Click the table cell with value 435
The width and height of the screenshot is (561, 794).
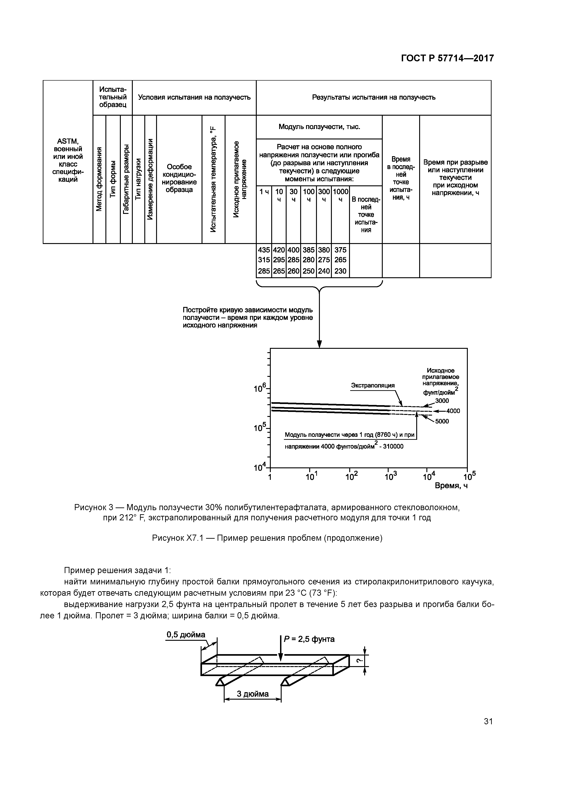click(264, 250)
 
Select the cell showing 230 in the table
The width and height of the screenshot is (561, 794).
click(340, 271)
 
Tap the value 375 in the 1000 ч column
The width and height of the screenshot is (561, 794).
click(340, 250)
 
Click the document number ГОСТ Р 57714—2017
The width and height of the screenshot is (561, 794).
click(447, 58)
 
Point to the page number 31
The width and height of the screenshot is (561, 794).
click(488, 721)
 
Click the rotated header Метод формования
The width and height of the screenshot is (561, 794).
click(99, 179)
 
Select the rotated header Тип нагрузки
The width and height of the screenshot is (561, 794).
click(138, 179)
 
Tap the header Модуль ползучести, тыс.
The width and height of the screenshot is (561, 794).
click(319, 127)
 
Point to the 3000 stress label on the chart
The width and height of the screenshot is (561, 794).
click(442, 401)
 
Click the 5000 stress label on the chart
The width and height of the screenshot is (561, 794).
click(442, 421)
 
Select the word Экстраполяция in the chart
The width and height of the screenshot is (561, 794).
click(373, 386)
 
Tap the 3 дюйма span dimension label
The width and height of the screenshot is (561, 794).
click(253, 694)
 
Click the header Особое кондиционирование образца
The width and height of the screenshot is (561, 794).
click(179, 178)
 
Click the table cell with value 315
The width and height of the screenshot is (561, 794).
click(264, 260)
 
